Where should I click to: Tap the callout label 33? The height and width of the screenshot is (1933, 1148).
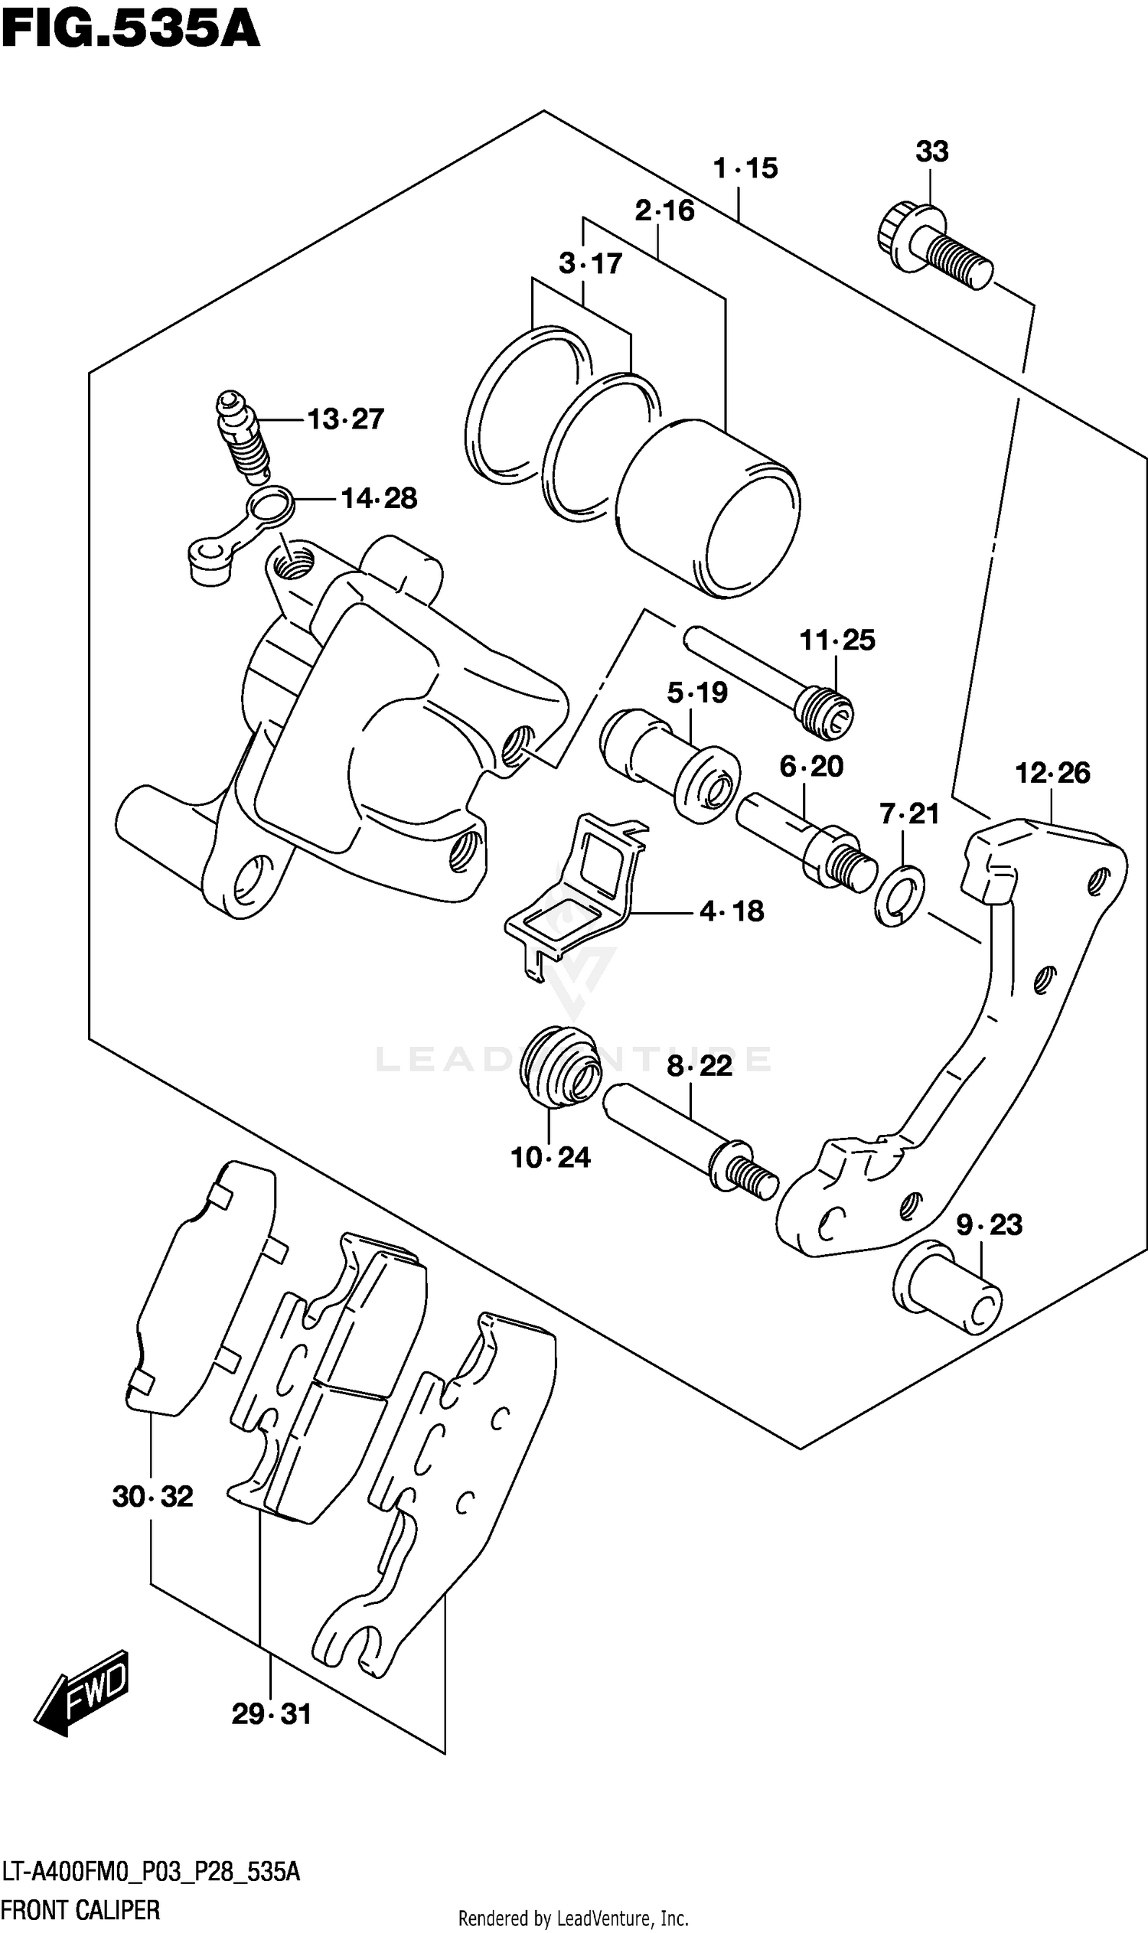pyautogui.click(x=931, y=152)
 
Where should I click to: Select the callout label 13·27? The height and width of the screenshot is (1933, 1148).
pyautogui.click(x=345, y=419)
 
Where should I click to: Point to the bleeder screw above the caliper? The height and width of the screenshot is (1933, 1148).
pyautogui.click(x=242, y=437)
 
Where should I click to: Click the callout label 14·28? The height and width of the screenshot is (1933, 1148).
pyautogui.click(x=378, y=499)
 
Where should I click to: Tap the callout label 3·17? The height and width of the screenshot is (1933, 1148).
pyautogui.click(x=590, y=265)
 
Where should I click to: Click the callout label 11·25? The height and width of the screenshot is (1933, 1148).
pyautogui.click(x=837, y=641)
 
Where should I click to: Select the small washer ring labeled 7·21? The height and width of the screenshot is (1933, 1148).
pyautogui.click(x=900, y=896)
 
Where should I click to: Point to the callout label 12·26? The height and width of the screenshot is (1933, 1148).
pyautogui.click(x=1052, y=773)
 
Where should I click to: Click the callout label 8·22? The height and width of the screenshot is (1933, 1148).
pyautogui.click(x=700, y=1067)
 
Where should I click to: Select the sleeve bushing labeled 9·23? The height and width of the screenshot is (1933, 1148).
pyautogui.click(x=947, y=1286)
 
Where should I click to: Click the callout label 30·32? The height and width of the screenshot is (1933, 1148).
pyautogui.click(x=152, y=1497)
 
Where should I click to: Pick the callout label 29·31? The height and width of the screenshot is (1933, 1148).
pyautogui.click(x=271, y=1715)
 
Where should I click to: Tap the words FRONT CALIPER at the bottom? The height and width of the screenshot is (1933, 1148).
pyautogui.click(x=80, y=1910)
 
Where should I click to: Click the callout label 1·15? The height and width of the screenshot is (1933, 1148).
pyautogui.click(x=745, y=168)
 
